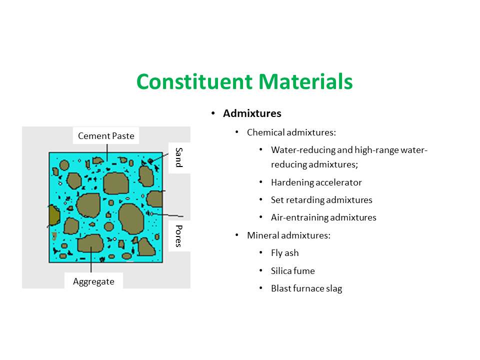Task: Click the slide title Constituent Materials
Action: point(244,81)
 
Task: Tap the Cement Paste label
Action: point(106,135)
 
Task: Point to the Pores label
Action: point(178,236)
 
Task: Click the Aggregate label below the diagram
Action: point(93,281)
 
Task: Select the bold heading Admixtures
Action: point(252,113)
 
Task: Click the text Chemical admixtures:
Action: point(291,132)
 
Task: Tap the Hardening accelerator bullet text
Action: point(316,182)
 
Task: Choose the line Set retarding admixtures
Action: point(321,200)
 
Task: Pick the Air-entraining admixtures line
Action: point(323,217)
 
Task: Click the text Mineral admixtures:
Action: point(288,235)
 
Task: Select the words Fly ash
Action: point(284,253)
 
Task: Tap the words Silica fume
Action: point(292,271)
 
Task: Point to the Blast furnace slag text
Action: point(306,288)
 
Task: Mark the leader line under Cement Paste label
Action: point(106,151)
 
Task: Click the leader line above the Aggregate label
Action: point(90,260)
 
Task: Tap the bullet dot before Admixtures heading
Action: point(212,114)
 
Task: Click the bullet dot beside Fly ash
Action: point(260,253)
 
